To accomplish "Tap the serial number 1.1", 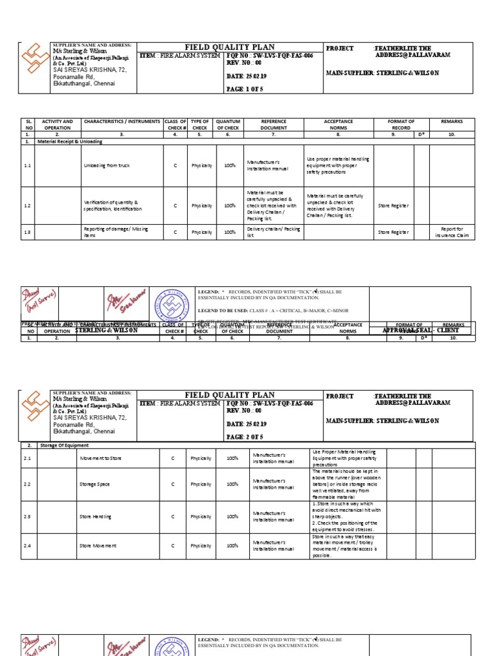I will tap(28, 166).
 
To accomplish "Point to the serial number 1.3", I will tap(28, 232).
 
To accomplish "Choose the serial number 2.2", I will tap(28, 484).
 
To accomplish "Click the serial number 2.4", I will tap(28, 546).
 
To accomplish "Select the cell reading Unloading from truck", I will tap(106, 166).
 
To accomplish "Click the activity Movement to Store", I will tap(100, 458).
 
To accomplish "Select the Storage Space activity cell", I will tap(94, 484).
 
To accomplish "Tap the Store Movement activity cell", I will tap(97, 546).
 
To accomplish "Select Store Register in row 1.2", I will tap(393, 206).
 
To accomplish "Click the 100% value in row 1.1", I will tap(229, 166).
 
